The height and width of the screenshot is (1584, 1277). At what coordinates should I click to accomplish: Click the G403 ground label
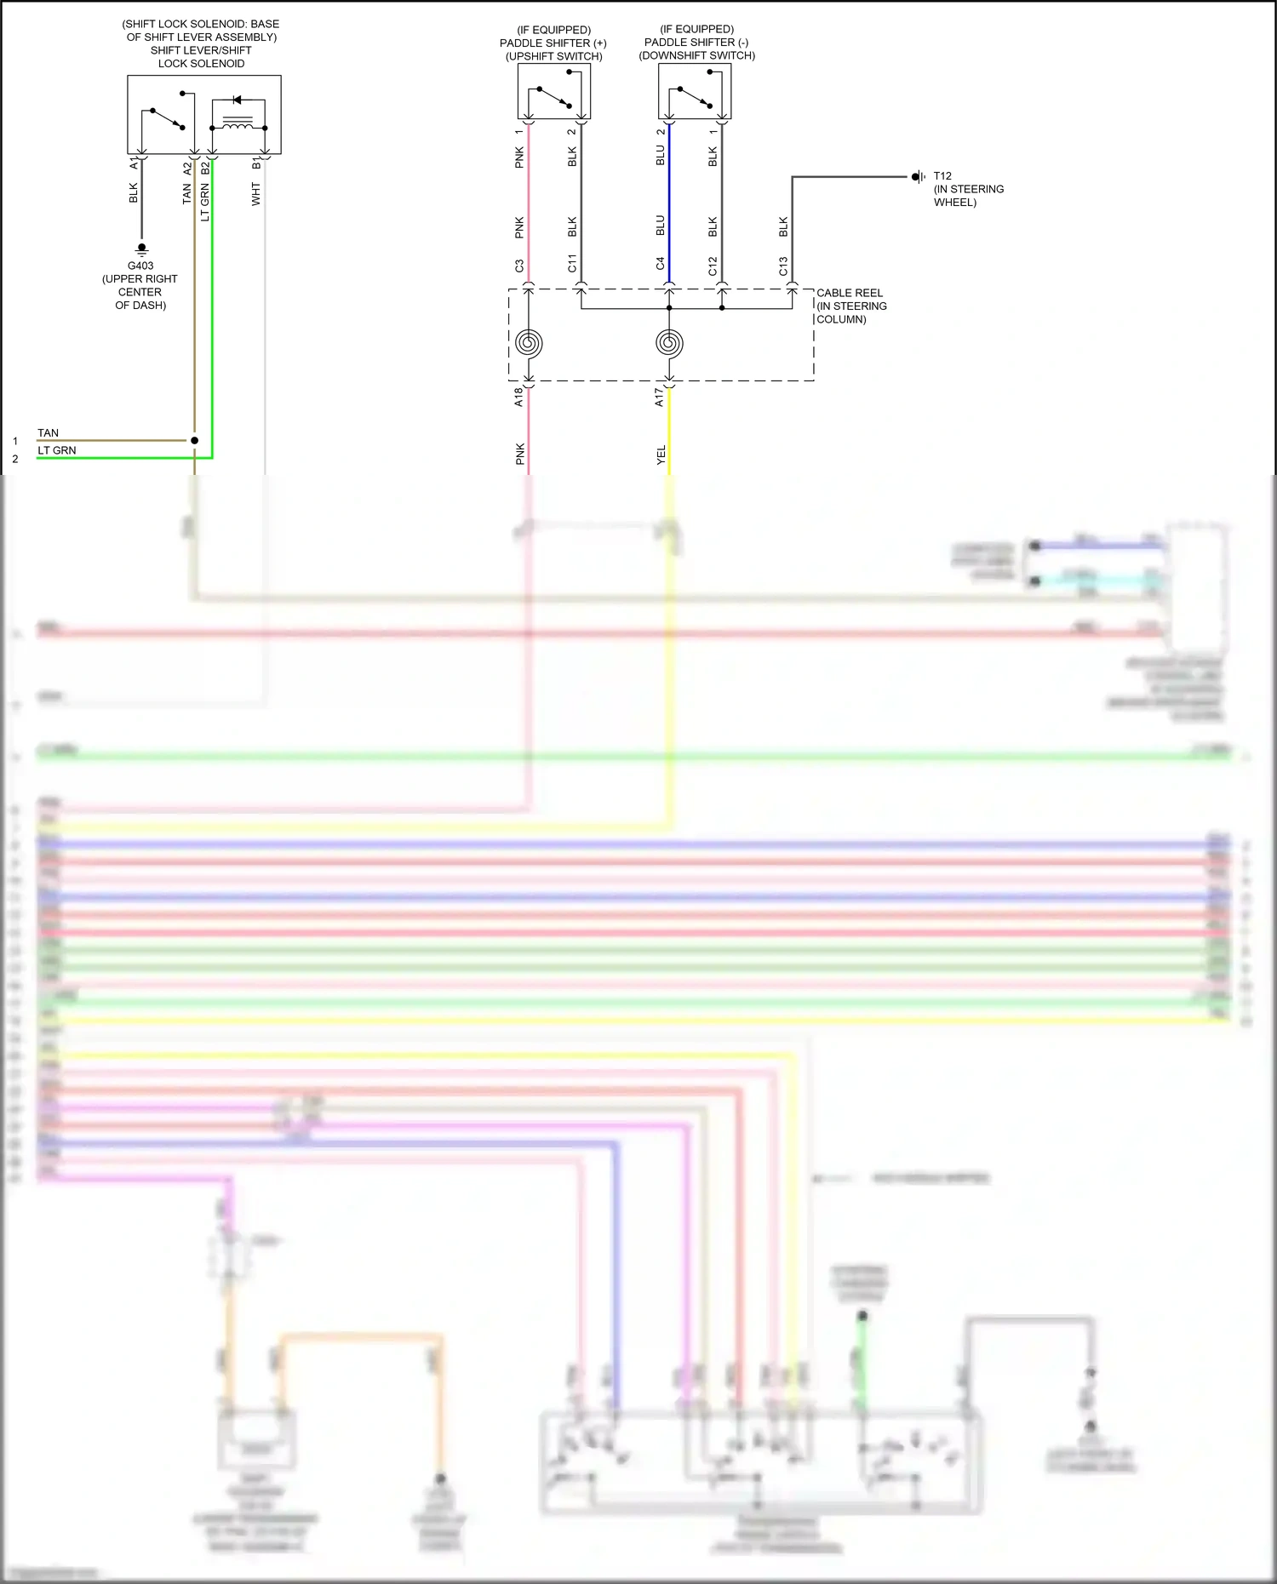click(140, 266)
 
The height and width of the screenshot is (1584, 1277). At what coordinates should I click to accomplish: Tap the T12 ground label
click(942, 176)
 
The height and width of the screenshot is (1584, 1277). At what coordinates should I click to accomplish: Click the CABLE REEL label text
click(849, 293)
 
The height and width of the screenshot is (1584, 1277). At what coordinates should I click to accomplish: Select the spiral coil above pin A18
click(529, 343)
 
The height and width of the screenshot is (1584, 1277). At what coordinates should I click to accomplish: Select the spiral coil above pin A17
click(669, 343)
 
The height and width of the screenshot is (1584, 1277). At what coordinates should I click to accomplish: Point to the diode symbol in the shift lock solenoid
click(237, 100)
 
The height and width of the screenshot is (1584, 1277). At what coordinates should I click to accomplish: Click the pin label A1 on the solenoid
click(134, 163)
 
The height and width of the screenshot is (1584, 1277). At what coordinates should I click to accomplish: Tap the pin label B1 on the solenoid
click(255, 163)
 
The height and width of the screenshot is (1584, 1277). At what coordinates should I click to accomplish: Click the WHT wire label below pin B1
click(255, 194)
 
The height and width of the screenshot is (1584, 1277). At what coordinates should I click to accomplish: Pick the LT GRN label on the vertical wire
click(204, 203)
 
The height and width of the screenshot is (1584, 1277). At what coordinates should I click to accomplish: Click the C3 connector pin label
click(519, 266)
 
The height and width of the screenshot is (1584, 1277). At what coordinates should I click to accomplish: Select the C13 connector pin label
click(783, 266)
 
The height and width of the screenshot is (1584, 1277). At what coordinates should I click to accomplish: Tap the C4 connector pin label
click(660, 264)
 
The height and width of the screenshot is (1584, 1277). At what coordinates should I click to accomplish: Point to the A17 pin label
click(659, 397)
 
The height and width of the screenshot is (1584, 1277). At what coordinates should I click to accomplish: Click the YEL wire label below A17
click(661, 455)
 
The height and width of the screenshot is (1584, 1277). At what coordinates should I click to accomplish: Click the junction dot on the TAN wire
click(194, 440)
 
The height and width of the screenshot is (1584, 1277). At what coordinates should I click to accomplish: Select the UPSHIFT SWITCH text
click(554, 56)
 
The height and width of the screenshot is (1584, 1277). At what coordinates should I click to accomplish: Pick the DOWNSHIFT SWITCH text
click(697, 55)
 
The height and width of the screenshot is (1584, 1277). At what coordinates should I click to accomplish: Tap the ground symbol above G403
click(142, 249)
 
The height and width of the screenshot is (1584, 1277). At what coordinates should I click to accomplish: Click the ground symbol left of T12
click(918, 177)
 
